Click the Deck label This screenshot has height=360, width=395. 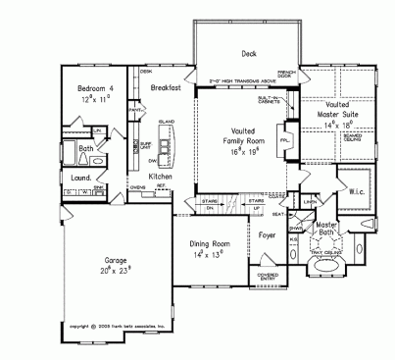(x=235, y=55)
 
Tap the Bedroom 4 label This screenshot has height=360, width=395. (x=97, y=88)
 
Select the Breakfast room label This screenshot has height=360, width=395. (x=167, y=88)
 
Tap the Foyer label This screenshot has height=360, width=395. (x=267, y=235)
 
